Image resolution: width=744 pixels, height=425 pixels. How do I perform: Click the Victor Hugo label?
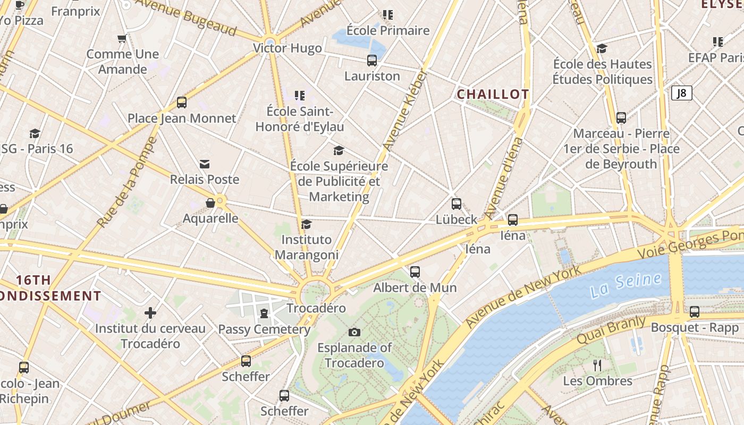point(288,48)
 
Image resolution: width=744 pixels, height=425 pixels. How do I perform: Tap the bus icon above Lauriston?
point(372,61)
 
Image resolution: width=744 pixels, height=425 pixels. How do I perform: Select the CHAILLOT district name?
point(493,95)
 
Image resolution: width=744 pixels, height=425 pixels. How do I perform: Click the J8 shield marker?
point(681,93)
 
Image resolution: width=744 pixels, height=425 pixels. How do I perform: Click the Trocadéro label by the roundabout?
point(316,308)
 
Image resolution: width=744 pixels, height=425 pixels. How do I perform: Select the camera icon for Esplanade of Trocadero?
point(354,333)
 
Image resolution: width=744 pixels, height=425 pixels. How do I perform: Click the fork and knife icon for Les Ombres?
point(597,365)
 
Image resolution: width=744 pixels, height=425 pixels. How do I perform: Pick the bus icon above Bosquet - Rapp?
point(695,312)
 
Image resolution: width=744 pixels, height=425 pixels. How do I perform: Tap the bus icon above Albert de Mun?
point(415,272)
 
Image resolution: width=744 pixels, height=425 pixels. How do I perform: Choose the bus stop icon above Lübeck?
point(456,203)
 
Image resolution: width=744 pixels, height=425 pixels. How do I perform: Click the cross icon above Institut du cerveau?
point(150,313)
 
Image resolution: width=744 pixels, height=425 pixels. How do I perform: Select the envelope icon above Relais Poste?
point(205,164)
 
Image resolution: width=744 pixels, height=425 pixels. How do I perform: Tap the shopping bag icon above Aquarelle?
point(210,203)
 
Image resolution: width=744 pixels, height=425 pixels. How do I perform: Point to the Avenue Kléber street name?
point(404,110)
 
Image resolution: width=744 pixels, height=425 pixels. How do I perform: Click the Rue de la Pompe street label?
point(127,182)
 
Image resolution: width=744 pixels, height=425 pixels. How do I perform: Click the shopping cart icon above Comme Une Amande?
point(122,38)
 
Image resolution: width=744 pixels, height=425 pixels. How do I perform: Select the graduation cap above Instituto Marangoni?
point(306,224)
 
